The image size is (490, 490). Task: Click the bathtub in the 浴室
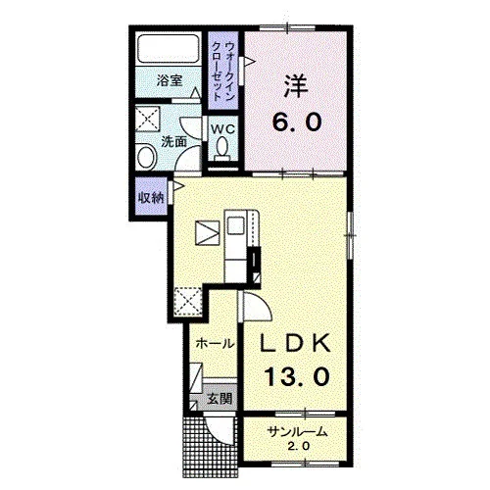click(x=169, y=48)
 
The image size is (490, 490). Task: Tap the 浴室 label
click(x=170, y=80)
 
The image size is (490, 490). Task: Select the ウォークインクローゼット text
click(x=223, y=71)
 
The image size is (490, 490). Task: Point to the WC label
click(x=222, y=129)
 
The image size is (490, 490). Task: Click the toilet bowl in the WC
click(x=222, y=146)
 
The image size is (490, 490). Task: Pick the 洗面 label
click(x=174, y=141)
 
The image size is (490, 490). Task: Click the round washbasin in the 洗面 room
click(x=146, y=158)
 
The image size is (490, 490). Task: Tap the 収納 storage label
click(x=151, y=197)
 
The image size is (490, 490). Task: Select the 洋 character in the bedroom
click(x=296, y=85)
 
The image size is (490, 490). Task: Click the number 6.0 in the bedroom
click(x=297, y=122)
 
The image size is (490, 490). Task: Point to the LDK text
click(x=295, y=343)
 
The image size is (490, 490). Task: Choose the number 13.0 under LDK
click(x=297, y=376)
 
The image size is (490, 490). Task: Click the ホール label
click(x=216, y=343)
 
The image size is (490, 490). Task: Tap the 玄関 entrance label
click(x=220, y=399)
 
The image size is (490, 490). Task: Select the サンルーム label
click(x=297, y=432)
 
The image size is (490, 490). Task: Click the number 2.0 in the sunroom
click(x=298, y=446)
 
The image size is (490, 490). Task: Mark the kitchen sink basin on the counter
click(x=235, y=225)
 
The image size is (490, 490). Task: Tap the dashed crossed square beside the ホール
click(x=187, y=301)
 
